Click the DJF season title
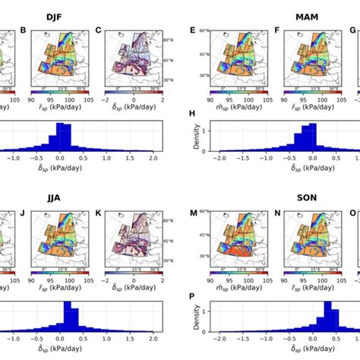76,16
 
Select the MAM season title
276,16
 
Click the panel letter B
24,31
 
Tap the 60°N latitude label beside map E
204,31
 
